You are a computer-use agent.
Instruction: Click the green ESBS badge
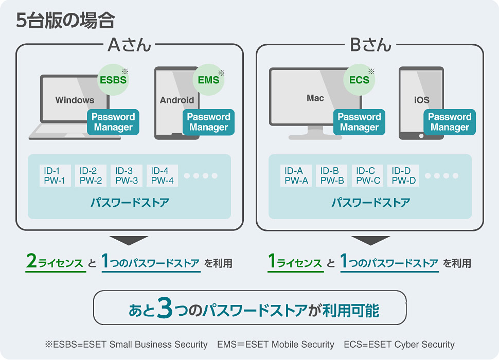click(113, 80)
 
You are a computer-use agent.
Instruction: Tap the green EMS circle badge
click(208, 80)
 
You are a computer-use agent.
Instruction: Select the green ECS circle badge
click(359, 80)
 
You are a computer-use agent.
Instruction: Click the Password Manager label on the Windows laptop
click(113, 122)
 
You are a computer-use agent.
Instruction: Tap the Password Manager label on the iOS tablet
click(450, 122)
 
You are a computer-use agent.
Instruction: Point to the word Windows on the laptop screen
click(75, 100)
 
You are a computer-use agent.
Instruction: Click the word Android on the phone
click(177, 100)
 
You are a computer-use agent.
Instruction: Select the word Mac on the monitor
click(315, 98)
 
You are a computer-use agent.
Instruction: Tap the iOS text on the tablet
click(421, 100)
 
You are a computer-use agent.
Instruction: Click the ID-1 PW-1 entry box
click(55, 175)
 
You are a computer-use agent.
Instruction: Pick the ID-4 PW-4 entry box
click(162, 175)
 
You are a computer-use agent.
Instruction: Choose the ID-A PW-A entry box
click(296, 175)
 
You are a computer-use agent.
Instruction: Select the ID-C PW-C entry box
click(368, 175)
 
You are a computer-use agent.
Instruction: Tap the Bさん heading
click(370, 45)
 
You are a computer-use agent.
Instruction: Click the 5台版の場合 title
click(65, 20)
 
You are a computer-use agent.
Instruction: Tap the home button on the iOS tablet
click(421, 136)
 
